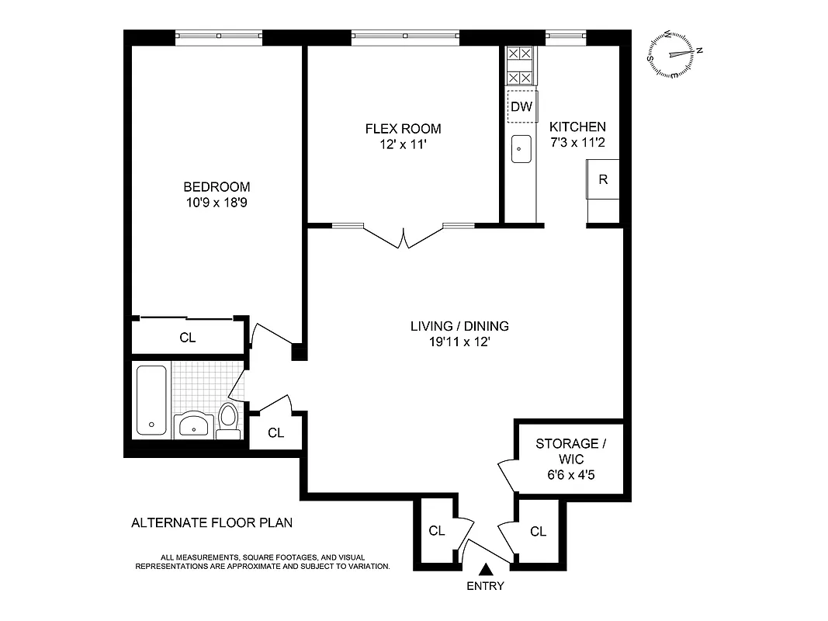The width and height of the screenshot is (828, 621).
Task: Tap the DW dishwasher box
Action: (x=521, y=107)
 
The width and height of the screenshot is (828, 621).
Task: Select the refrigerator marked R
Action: (x=603, y=179)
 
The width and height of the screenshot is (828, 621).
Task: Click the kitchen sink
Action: (x=521, y=147)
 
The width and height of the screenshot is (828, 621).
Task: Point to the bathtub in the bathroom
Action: (x=151, y=400)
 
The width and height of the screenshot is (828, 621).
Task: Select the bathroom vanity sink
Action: (x=193, y=425)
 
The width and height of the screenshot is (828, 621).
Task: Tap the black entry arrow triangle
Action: (x=486, y=571)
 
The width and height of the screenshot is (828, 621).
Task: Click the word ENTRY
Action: (x=485, y=586)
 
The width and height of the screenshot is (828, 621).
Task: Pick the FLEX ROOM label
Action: (x=403, y=129)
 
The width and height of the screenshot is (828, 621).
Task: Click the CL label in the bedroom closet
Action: (x=188, y=338)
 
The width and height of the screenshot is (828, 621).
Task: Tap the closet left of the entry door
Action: (x=437, y=531)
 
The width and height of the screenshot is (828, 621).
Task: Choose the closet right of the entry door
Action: (x=538, y=531)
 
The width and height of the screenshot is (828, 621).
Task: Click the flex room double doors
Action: (x=404, y=236)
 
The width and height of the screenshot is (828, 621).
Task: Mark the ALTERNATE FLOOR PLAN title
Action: (x=212, y=522)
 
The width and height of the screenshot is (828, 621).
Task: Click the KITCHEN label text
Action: (x=577, y=127)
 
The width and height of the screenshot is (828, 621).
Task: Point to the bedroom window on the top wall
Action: (x=219, y=36)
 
